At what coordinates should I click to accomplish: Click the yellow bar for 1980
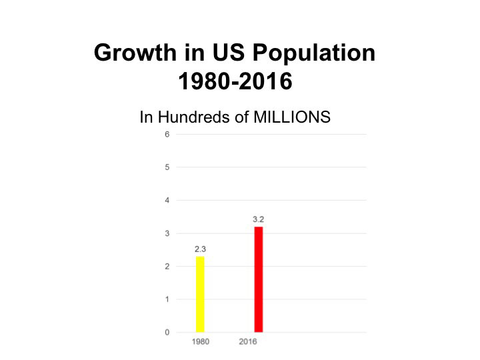click(200, 293)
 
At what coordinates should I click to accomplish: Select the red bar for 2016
click(258, 279)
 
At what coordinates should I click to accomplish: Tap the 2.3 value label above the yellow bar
click(200, 248)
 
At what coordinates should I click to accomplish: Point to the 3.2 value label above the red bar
click(258, 218)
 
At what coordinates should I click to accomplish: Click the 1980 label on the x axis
click(200, 342)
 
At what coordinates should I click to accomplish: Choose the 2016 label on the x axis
click(247, 342)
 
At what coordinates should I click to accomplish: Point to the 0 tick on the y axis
click(167, 332)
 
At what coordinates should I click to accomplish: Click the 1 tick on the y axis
click(167, 299)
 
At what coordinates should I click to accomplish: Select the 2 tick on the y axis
click(167, 266)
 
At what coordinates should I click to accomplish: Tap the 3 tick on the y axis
click(167, 233)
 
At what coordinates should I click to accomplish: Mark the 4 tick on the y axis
click(167, 200)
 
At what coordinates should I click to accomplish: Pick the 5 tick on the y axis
click(167, 167)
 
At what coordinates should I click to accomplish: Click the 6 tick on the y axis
click(167, 134)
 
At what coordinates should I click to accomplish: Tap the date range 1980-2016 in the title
click(237, 83)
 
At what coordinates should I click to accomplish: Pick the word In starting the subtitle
click(146, 117)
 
